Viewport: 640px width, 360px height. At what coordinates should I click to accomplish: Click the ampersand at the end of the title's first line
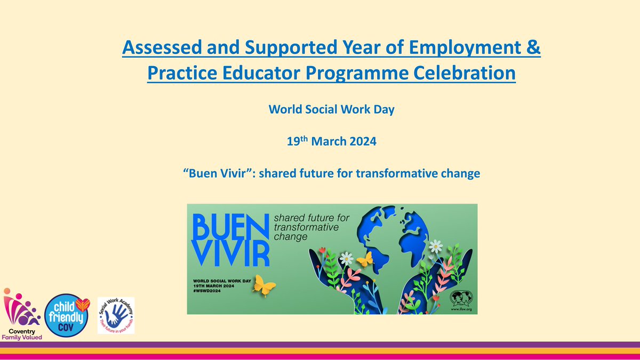pyautogui.click(x=534, y=51)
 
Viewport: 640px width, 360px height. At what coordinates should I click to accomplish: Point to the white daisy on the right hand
pyautogui.click(x=436, y=246)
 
